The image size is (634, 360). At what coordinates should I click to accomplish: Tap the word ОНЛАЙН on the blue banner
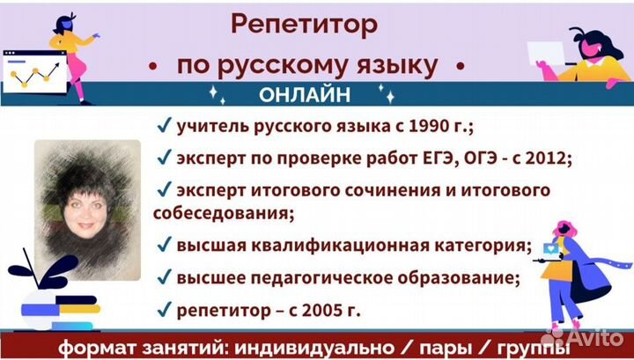pos(304,93)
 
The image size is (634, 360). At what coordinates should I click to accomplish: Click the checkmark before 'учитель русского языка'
pos(163,127)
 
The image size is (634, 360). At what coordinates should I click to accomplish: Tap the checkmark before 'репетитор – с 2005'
pos(163,310)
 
